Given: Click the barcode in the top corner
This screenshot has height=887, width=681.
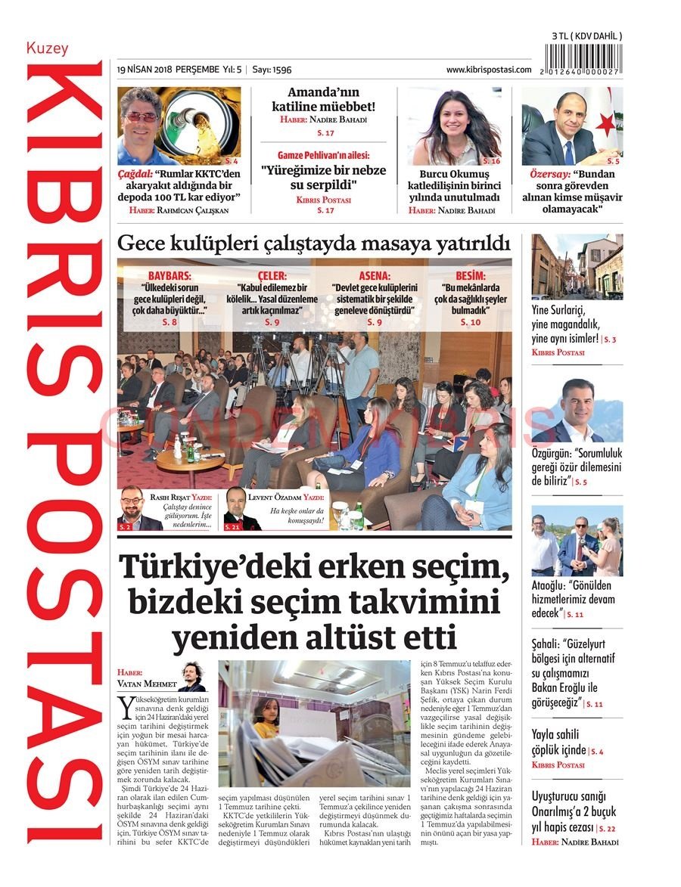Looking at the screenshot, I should coord(586,58).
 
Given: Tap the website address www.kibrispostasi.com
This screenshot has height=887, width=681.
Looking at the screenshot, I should coord(488,69).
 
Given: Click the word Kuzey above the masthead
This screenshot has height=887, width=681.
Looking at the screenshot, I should coord(47,48).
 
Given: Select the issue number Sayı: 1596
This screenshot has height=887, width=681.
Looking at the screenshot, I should coord(272,69).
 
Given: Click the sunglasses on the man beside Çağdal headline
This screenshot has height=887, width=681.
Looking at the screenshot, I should coord(141,116).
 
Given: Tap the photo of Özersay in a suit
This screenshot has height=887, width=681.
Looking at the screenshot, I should coord(571,126).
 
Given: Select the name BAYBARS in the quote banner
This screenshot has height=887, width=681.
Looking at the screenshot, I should coord(170,277).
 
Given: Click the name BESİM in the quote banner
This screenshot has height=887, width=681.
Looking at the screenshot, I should coord(470,277).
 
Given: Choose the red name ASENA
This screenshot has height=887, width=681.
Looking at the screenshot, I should coord(374,277).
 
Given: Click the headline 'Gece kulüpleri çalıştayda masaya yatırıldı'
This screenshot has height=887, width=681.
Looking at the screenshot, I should coord(313,243).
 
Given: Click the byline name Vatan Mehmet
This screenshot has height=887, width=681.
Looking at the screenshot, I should coord(147,684).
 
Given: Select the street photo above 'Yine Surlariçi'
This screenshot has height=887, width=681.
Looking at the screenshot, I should coord(577,266).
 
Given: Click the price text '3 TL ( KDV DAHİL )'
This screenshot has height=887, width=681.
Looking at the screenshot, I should coord(586,36).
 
